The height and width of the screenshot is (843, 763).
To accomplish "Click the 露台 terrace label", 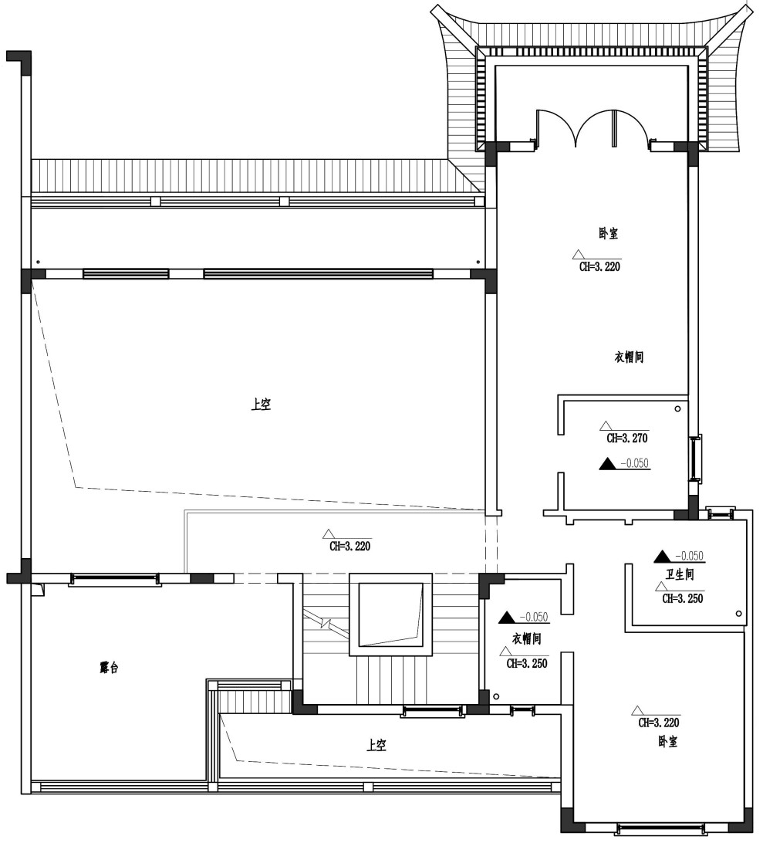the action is point(109,668).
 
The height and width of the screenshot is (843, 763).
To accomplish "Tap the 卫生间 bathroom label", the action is point(680,574).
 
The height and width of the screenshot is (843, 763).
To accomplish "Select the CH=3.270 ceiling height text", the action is point(627,438).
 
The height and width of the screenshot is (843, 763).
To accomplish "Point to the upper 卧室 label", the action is point(608,233).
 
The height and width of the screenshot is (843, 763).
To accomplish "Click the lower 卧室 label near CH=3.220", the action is point(668,742).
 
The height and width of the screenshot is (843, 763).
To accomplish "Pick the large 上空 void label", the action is point(261,404).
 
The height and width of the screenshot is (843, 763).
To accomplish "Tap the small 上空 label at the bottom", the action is point(376,745).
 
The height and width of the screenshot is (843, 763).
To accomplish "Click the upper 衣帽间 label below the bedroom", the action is point(630,357).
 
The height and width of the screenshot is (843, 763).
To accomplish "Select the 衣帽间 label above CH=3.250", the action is point(527,638).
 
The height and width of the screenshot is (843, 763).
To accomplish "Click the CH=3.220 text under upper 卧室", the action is point(599,266).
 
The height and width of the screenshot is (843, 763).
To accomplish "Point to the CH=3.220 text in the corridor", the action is point(349,547).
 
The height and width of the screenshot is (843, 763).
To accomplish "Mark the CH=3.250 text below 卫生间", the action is point(683,598).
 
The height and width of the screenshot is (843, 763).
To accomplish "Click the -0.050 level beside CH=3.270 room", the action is point(635,463).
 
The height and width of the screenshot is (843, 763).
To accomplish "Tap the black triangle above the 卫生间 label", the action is point(661,557).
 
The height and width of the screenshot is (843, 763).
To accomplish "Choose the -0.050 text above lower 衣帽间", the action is point(534,618).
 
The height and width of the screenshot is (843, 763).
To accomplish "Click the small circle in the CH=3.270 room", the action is point(677,408).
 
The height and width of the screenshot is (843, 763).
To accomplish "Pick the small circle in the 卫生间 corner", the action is point(739,614).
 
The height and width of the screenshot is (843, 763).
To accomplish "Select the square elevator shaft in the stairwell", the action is point(390,614).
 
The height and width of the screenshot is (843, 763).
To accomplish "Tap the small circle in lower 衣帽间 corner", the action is point(497,697).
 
